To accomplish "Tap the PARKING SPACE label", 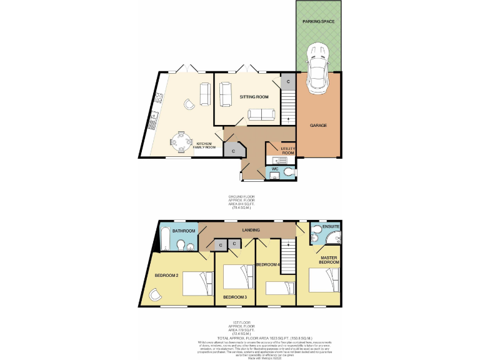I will tap(319, 21).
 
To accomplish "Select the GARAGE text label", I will tap(319, 125).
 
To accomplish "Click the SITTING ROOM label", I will tap(253, 97).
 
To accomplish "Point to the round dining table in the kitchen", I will tap(181, 142).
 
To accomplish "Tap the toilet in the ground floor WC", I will tap(288, 172).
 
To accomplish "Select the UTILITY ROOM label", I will tap(288, 151).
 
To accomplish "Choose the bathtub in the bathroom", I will tap(164, 239).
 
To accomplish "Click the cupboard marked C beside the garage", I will tap(287, 82).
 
